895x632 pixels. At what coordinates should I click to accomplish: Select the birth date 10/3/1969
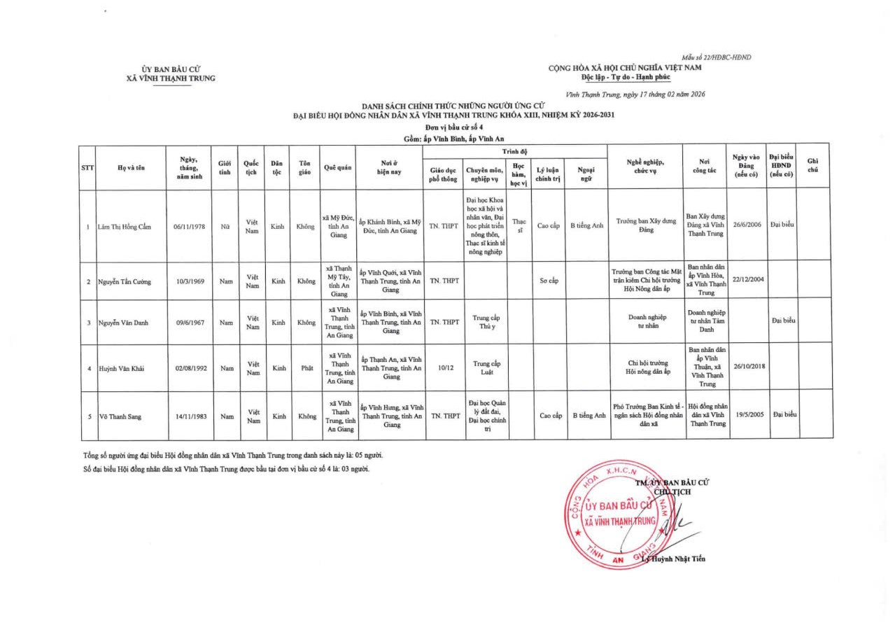pyautogui.click(x=190, y=281)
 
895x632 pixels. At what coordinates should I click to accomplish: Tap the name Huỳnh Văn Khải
pyautogui.click(x=121, y=369)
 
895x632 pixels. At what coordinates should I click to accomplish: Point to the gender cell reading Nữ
pyautogui.click(x=225, y=227)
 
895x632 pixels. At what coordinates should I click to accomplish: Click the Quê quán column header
pyautogui.click(x=337, y=168)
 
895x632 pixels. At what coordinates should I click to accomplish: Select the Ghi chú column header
pyautogui.click(x=812, y=167)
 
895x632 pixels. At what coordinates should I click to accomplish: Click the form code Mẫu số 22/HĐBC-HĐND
pyautogui.click(x=717, y=57)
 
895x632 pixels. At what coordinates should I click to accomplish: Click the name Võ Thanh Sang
pyautogui.click(x=120, y=416)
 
